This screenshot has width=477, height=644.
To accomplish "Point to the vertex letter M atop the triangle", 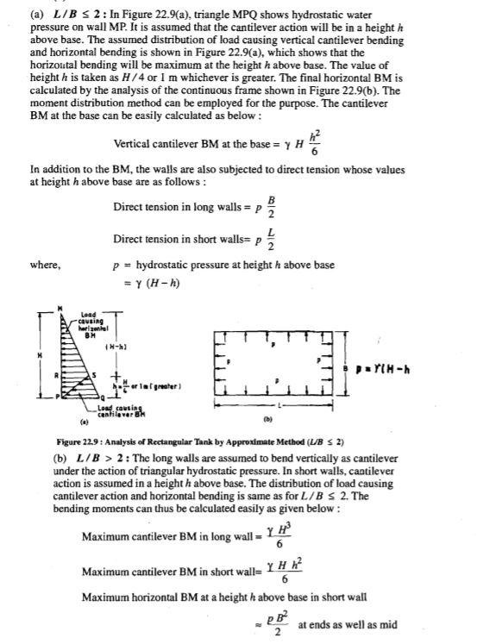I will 61,309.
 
